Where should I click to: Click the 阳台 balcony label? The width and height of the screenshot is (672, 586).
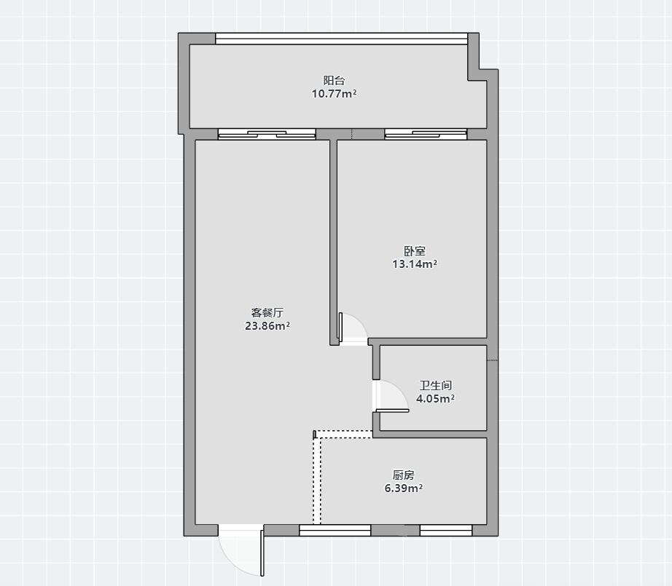(x=334, y=81)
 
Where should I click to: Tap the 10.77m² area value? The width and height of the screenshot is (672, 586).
(x=334, y=94)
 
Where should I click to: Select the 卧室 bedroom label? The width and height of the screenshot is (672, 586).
(x=415, y=250)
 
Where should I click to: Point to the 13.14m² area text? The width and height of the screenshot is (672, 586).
(x=415, y=264)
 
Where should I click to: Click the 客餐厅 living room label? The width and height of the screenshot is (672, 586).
(x=267, y=312)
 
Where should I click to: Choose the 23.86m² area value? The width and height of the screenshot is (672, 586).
(x=267, y=325)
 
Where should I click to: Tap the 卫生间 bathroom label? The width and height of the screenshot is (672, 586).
(x=435, y=385)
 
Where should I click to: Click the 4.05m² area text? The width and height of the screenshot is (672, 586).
(x=435, y=398)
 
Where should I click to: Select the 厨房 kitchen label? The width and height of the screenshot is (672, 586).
(x=403, y=475)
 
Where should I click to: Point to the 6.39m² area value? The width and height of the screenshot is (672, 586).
(x=403, y=488)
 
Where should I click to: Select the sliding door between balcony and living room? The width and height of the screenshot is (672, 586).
(x=267, y=135)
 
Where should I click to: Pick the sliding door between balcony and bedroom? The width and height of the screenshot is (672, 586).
(x=426, y=135)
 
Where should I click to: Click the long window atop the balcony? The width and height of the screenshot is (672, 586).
(x=342, y=39)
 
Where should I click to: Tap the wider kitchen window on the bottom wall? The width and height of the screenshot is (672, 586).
(x=335, y=531)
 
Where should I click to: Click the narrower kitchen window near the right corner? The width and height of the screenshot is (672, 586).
(x=446, y=531)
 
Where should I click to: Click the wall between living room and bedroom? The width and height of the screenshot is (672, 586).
(x=333, y=242)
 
